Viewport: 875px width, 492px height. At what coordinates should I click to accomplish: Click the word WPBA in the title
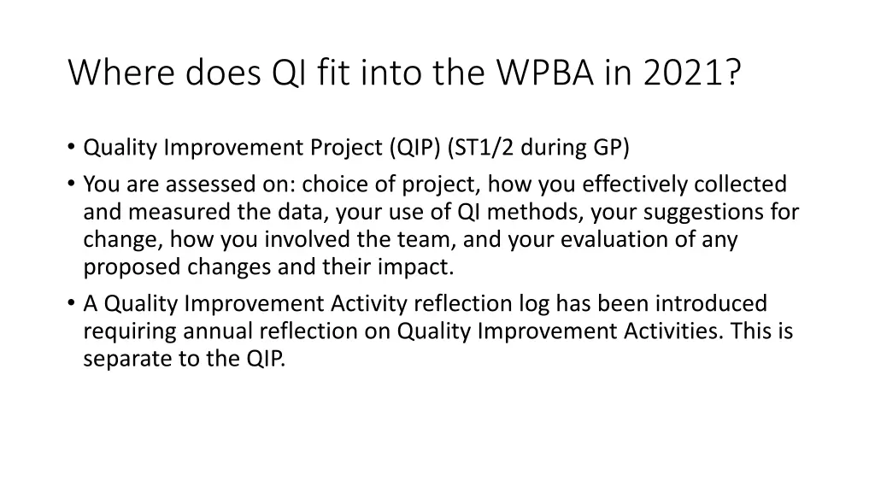(x=545, y=73)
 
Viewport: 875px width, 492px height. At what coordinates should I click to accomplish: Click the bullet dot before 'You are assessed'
(x=71, y=183)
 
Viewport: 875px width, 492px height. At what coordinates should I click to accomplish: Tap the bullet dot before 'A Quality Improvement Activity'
(x=71, y=302)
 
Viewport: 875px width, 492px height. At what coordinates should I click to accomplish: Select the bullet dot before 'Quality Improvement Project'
(x=71, y=146)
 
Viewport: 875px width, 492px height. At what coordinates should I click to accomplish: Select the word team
(x=426, y=240)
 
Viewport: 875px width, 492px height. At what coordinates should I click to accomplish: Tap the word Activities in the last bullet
(x=673, y=331)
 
